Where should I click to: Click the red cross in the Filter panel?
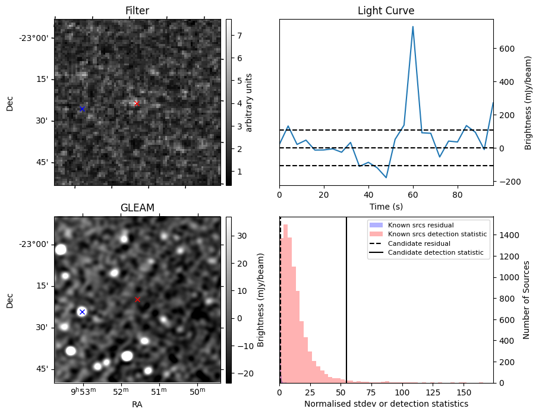click(x=137, y=103)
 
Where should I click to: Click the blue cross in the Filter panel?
click(x=82, y=109)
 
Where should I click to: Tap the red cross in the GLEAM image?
click(x=137, y=299)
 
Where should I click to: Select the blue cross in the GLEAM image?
click(x=82, y=312)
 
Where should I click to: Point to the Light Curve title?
click(x=386, y=11)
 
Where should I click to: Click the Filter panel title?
click(x=137, y=11)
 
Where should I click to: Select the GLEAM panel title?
click(x=137, y=208)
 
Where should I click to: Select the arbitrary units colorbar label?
click(x=250, y=102)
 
